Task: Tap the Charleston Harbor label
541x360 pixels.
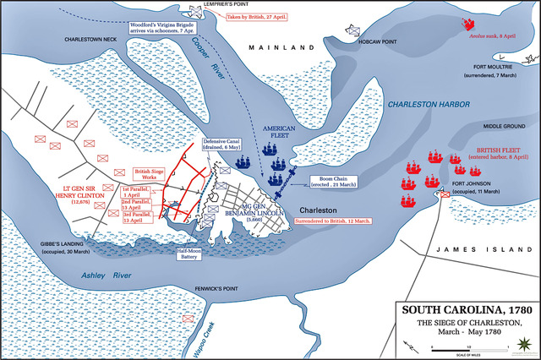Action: coord(429,105)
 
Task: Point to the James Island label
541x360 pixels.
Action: coord(468,248)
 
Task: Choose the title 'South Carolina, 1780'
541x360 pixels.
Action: coord(466,309)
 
